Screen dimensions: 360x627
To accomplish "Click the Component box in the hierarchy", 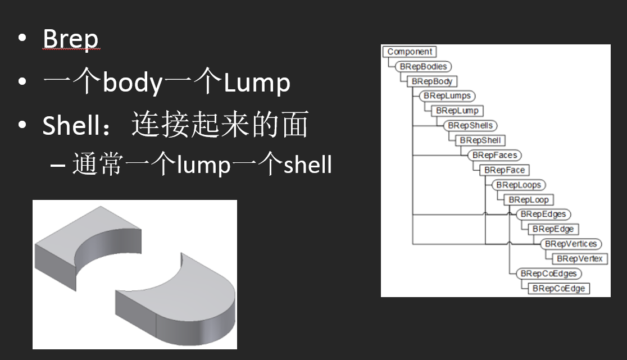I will (x=410, y=52).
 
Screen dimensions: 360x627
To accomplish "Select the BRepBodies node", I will (x=423, y=66).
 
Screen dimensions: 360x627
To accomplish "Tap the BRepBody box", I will (x=431, y=81).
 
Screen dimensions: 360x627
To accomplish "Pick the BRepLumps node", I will (x=447, y=96).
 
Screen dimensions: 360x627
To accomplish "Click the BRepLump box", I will (x=456, y=111).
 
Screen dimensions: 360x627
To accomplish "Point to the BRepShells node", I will (x=470, y=125).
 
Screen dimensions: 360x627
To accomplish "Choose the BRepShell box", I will (x=480, y=140).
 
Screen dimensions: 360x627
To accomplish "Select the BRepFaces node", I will (x=494, y=154).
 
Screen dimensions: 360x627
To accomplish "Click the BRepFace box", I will (x=503, y=170).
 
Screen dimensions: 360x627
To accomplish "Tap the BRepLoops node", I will (x=519, y=184).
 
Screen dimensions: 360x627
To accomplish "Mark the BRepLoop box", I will (x=528, y=199).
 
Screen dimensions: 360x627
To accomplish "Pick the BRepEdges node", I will (x=543, y=214).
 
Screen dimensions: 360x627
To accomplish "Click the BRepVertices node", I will (x=571, y=244).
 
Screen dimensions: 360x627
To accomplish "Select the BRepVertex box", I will (x=579, y=258).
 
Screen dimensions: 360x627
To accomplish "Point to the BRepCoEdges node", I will (x=549, y=274).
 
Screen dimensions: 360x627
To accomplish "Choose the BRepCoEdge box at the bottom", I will (x=558, y=288).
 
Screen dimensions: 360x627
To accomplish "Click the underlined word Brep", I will (x=71, y=39).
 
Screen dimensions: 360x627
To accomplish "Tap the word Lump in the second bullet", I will (x=257, y=83).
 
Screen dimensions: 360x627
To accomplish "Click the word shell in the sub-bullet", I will (x=307, y=165).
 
